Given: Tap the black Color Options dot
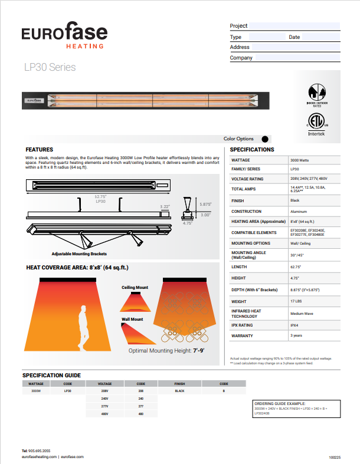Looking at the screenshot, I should tap(264, 139).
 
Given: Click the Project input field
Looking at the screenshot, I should tap(294, 26).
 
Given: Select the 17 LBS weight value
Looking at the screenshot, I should tap(297, 301).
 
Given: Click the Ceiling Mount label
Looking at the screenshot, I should tap(135, 288).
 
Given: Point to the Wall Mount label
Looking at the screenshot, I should tap(133, 319).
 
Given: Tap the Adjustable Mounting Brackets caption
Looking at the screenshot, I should tap(79, 254).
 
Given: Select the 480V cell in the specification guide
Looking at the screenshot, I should tap(104, 414).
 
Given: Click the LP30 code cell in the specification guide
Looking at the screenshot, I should tap(68, 391).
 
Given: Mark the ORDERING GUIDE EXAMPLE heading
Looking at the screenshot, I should tap(277, 403).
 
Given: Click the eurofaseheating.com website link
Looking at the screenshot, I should tap(39, 456).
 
